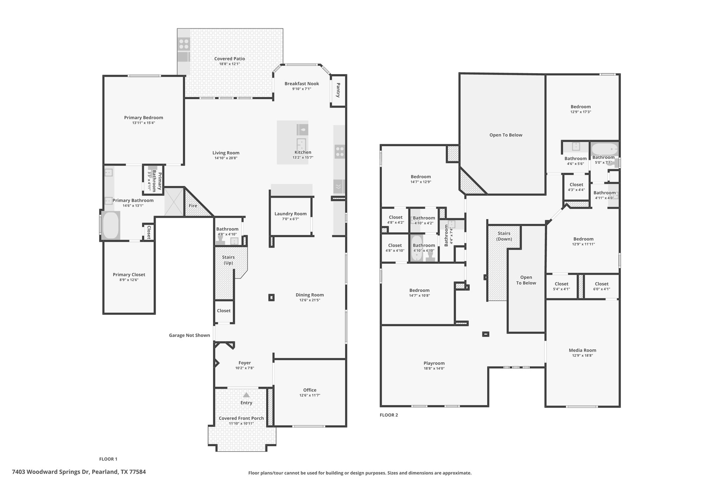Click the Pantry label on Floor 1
click(338, 90)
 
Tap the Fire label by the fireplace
click(193, 206)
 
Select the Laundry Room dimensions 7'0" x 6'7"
click(290, 219)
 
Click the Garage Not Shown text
click(189, 335)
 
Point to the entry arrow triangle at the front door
click(246, 395)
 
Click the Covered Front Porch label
click(241, 418)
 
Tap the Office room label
click(310, 390)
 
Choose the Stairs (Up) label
click(228, 260)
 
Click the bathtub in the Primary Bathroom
click(111, 225)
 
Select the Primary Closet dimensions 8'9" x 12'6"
click(129, 280)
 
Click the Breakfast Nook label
click(302, 84)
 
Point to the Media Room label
click(583, 350)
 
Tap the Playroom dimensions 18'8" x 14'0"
click(434, 369)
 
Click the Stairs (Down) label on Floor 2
click(504, 236)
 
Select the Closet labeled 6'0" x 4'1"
click(602, 286)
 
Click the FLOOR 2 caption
click(389, 415)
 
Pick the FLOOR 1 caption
click(108, 459)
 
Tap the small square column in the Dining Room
click(271, 297)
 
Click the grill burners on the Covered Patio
click(184, 44)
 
